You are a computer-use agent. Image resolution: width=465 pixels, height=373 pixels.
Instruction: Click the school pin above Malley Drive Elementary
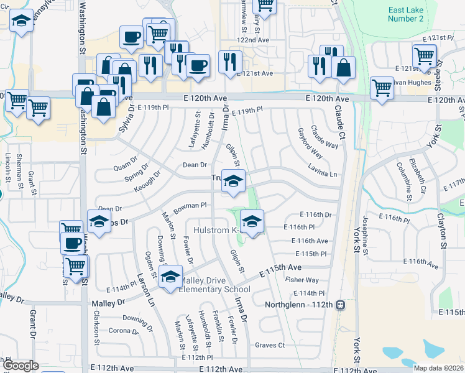click(x=169, y=277)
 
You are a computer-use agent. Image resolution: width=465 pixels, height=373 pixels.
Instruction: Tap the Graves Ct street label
click(x=269, y=345)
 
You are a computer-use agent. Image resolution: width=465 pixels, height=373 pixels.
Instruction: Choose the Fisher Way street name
click(x=302, y=280)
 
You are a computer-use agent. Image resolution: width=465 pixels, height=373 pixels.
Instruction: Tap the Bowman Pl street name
click(x=190, y=205)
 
